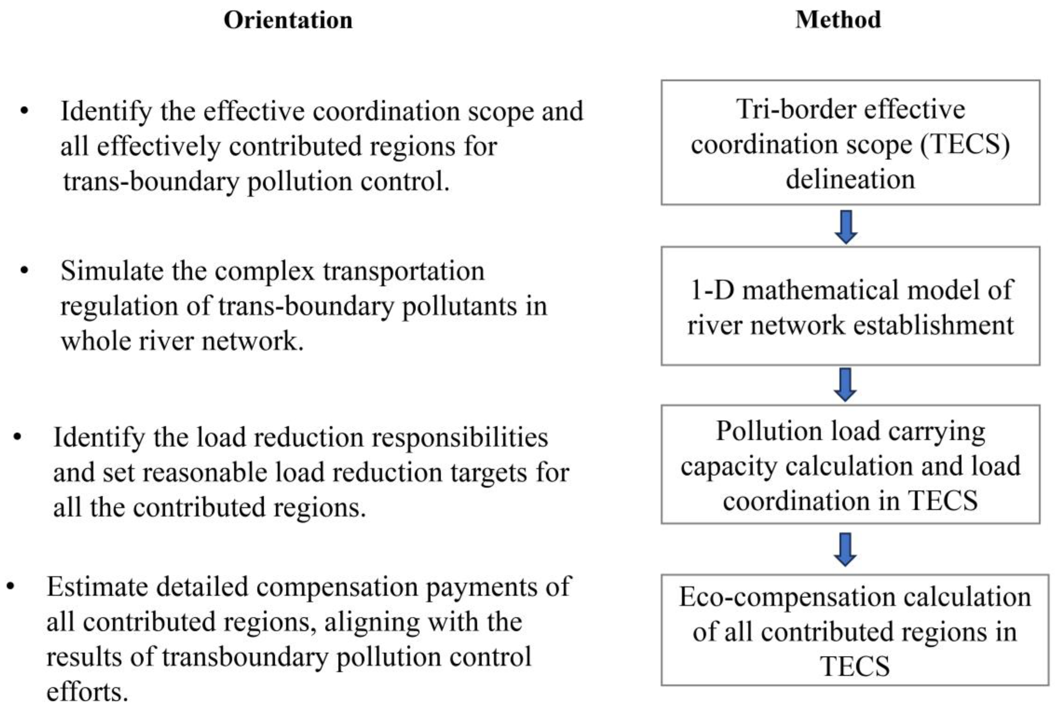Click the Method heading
[x=838, y=20]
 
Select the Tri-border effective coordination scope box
[x=850, y=143]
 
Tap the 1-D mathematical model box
[x=850, y=306]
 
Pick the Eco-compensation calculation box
[x=854, y=630]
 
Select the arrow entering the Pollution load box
[x=845, y=385]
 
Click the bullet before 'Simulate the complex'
[x=25, y=271]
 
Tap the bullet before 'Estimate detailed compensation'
[x=11, y=586]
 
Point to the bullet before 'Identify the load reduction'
[x=18, y=437]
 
